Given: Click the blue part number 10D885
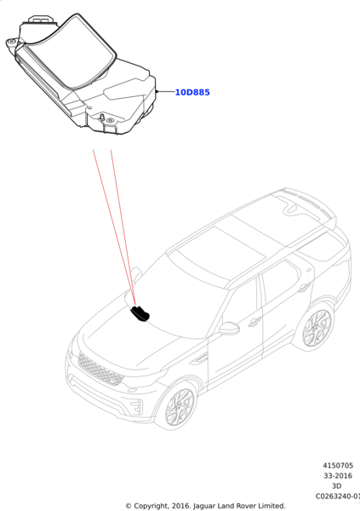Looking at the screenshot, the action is (192, 93).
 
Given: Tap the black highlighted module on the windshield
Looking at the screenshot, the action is (140, 313).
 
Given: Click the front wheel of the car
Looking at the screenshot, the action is (180, 408).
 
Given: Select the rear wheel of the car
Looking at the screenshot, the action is (317, 328).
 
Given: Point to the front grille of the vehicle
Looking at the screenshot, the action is (100, 369).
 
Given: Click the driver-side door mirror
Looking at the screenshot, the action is (229, 328).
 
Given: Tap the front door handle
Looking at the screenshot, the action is (254, 322).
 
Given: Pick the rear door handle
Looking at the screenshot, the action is (304, 287).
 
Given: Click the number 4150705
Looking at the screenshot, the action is (338, 465).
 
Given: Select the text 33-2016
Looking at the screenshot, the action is (338, 476).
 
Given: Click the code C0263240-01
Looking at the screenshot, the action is (338, 497).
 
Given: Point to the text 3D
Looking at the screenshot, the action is (336, 486).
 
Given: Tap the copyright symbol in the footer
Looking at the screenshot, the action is (129, 506).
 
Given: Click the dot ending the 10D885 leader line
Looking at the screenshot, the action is (157, 92).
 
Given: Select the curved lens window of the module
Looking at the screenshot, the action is (71, 51).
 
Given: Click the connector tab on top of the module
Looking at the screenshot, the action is (41, 20).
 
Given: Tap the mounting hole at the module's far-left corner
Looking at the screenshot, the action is (12, 42).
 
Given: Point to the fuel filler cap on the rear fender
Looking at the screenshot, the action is (309, 270).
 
